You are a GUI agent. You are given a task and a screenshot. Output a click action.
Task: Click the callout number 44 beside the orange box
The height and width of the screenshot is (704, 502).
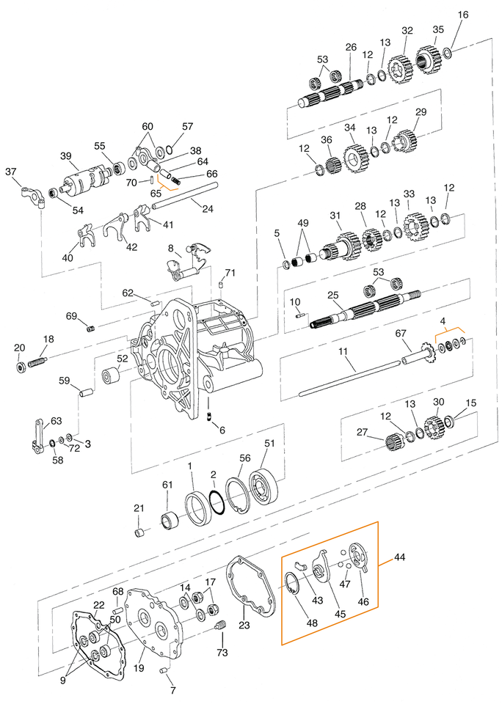click(399, 558)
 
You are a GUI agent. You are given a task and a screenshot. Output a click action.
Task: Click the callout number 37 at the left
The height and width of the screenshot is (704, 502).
click(10, 172)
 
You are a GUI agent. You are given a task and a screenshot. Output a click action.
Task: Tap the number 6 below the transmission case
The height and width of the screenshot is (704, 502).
click(222, 430)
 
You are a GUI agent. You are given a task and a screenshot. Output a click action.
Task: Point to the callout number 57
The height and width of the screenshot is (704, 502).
click(187, 126)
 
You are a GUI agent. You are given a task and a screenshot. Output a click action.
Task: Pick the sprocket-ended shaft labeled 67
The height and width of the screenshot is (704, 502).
click(416, 354)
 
